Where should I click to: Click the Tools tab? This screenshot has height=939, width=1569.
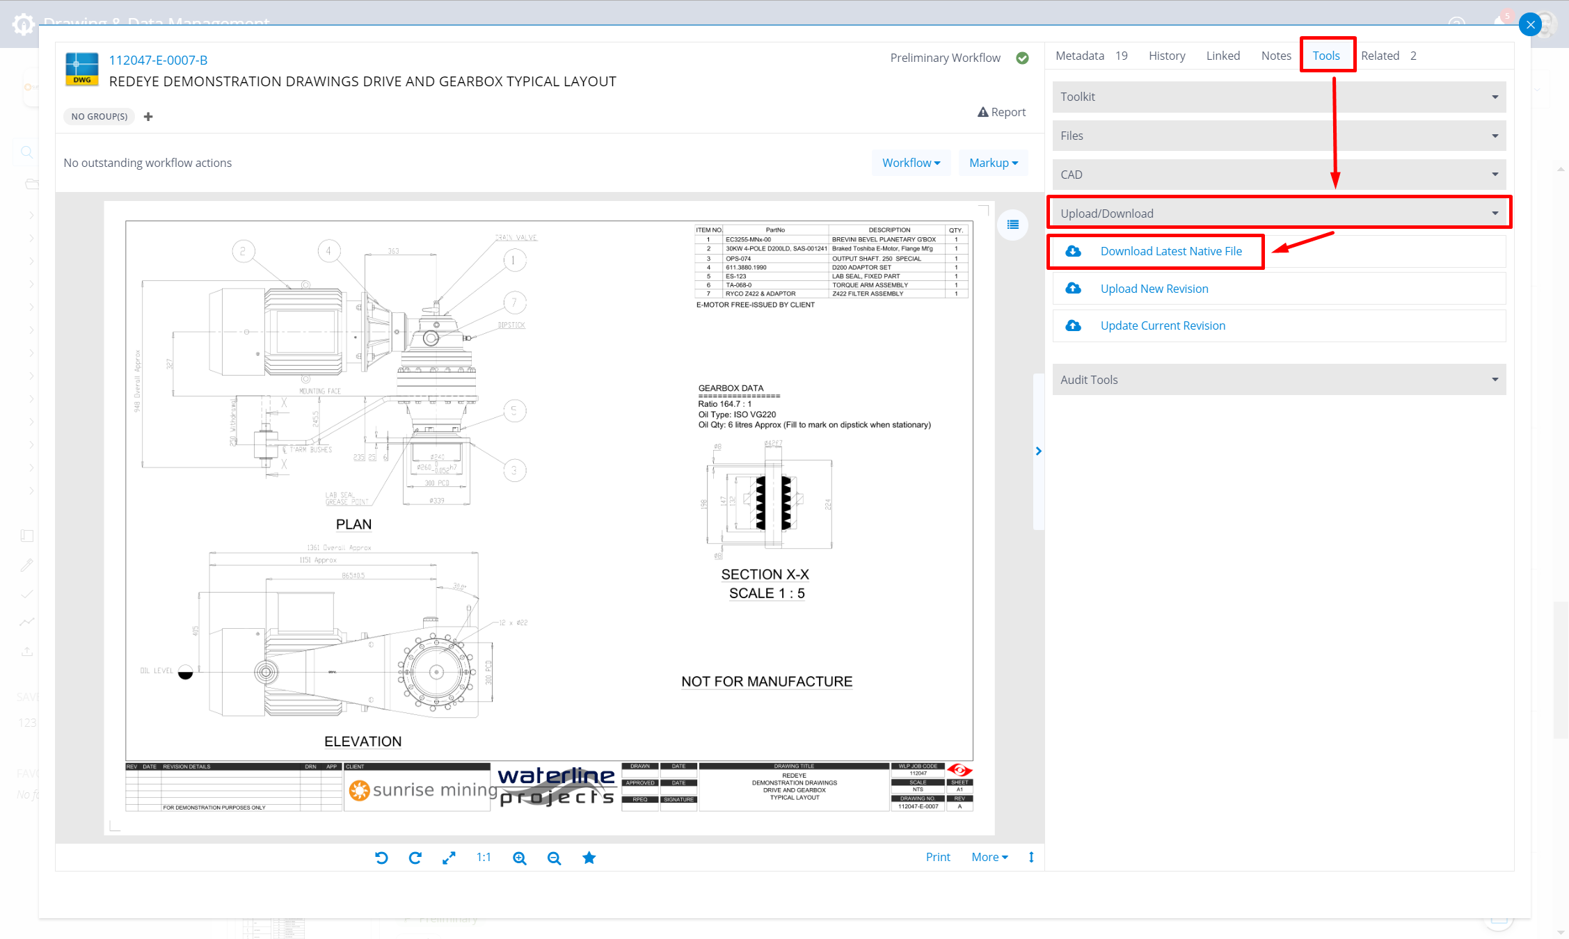tap(1326, 56)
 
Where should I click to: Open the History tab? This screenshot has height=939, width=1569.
tap(1167, 56)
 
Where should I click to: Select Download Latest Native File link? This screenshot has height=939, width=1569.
tap(1170, 251)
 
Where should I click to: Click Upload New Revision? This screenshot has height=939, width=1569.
tap(1154, 289)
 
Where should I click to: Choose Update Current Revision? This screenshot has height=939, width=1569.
tap(1162, 326)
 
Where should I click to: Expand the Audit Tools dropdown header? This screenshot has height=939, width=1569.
tap(1278, 380)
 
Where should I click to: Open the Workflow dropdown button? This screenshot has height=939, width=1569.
tap(911, 163)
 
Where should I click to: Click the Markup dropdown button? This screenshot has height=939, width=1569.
tap(993, 163)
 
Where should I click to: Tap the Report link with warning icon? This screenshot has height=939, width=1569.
tap(1002, 112)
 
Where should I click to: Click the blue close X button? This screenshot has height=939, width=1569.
tap(1530, 25)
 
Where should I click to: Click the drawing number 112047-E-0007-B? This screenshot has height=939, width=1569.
tap(158, 61)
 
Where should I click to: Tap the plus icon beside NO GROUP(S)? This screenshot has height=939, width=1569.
tap(148, 117)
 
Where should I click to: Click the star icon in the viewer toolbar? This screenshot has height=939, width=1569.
tap(589, 858)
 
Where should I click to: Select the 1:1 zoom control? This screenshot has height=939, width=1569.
tap(484, 858)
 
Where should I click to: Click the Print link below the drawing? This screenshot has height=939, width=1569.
tap(937, 857)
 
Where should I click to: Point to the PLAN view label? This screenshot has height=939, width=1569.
tap(353, 524)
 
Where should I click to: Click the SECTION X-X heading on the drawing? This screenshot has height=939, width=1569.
tap(765, 575)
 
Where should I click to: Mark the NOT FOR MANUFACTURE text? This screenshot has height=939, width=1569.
tap(766, 682)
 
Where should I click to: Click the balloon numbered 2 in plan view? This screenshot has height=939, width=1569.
tap(243, 251)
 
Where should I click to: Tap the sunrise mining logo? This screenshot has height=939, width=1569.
tap(422, 790)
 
